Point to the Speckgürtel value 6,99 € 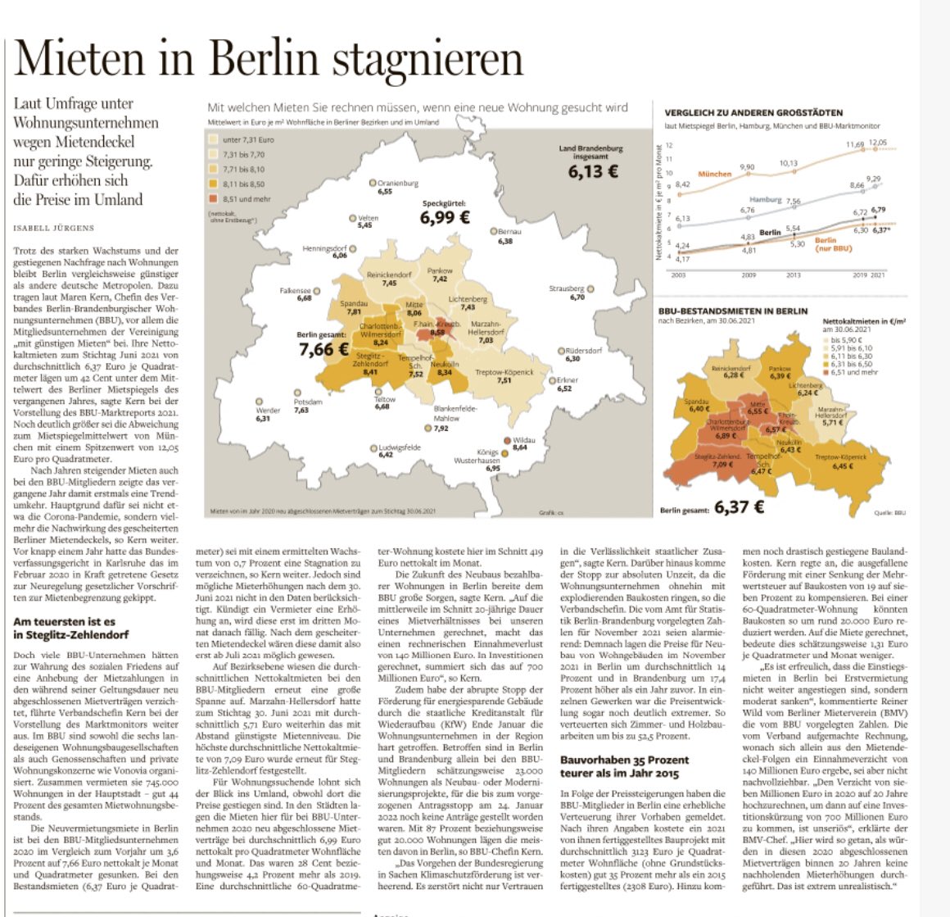445,218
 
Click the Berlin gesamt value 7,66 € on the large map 327,349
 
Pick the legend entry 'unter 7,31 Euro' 248,140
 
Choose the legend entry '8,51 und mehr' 247,197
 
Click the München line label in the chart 714,174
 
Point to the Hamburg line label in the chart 765,200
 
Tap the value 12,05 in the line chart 877,143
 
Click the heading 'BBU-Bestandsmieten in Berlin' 732,311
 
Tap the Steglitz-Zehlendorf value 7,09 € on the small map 723,465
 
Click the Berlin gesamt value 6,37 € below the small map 739,507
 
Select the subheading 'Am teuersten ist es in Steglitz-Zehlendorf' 70,629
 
